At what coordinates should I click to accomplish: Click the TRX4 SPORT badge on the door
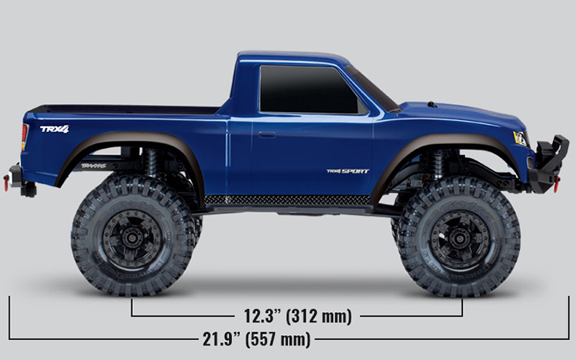347,170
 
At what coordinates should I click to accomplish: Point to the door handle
266,134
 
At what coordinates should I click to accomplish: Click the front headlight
520,138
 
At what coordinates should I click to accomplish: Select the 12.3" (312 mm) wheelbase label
297,316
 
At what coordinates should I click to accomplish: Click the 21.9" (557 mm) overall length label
256,339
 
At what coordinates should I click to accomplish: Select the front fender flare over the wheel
448,144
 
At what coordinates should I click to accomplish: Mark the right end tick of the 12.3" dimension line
462,308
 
